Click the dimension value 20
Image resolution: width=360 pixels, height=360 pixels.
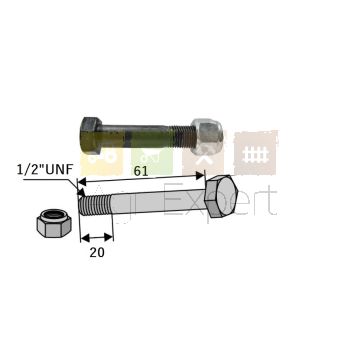[x=96, y=253]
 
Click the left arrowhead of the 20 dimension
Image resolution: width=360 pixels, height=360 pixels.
[x=83, y=238]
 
